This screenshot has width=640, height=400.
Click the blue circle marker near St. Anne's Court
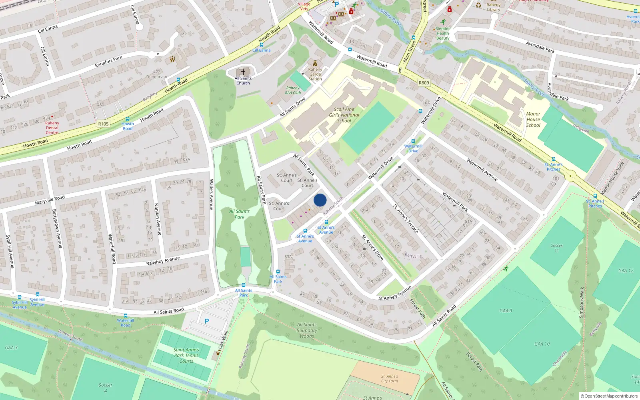[x=320, y=200]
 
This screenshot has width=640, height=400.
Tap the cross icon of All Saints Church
[x=243, y=72]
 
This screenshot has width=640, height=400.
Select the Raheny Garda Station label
[x=315, y=74]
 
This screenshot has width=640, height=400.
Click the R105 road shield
[x=103, y=124]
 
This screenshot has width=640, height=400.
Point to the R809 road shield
[x=424, y=83]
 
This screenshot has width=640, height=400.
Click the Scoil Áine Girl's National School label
[x=344, y=115]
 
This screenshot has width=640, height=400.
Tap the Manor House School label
[x=533, y=119]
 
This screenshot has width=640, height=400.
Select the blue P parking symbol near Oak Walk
[x=207, y=321]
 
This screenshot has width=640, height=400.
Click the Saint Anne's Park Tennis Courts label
[x=186, y=355]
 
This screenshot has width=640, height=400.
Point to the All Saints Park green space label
[x=240, y=214]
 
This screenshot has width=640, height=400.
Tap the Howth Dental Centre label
[x=52, y=128]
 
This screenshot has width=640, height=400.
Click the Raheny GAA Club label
[x=293, y=90]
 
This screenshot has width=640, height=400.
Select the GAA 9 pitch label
[x=506, y=311]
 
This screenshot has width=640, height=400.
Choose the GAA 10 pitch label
[x=542, y=344]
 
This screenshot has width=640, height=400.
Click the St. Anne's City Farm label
[x=390, y=378]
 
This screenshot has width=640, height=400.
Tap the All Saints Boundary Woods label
[x=307, y=330]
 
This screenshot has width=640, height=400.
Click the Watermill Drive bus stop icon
[x=413, y=141]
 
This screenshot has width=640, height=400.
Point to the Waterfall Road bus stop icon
[x=126, y=316]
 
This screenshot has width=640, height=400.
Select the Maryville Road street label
[x=50, y=200]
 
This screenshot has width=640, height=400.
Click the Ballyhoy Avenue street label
[x=163, y=261]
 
